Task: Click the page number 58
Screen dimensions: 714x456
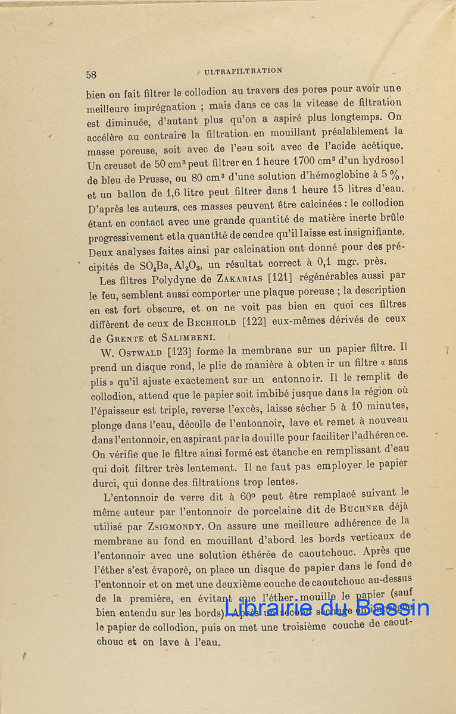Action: (91, 74)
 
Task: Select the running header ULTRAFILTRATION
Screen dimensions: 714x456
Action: (243, 71)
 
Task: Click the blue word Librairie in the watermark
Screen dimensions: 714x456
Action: (266, 607)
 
